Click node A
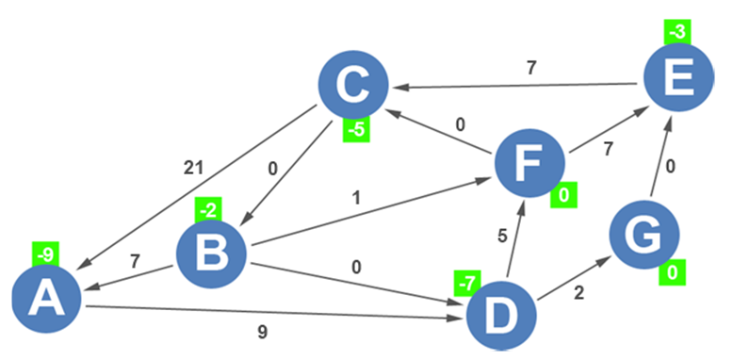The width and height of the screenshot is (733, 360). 46,298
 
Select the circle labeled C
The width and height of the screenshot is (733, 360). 353,85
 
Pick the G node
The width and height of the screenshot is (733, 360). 644,236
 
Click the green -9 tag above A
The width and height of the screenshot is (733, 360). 45,254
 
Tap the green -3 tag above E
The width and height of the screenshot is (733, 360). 676,31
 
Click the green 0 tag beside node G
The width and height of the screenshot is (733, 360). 672,274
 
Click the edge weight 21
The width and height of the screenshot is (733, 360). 194,169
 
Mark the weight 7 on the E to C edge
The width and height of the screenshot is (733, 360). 530,68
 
